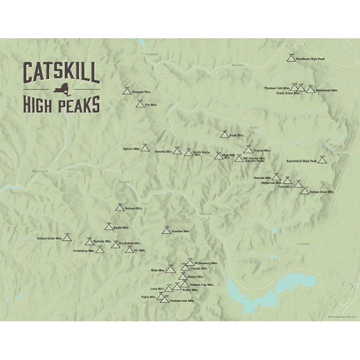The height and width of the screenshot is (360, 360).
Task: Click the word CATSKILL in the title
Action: tap(61, 73)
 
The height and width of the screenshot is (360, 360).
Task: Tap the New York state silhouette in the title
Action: tap(61, 90)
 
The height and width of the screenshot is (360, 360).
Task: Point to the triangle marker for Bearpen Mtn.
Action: tap(127, 91)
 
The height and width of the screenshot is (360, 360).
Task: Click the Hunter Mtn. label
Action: tap(262, 150)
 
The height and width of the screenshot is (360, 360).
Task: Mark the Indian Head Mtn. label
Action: tap(322, 192)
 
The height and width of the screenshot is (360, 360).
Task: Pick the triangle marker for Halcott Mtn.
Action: tap(145, 148)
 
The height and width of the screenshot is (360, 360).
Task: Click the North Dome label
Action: tap(201, 153)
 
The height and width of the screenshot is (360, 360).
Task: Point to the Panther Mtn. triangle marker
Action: tap(166, 231)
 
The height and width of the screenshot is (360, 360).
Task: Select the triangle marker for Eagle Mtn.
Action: tap(108, 227)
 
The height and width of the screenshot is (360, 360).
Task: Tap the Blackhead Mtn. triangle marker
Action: tap(310, 90)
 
